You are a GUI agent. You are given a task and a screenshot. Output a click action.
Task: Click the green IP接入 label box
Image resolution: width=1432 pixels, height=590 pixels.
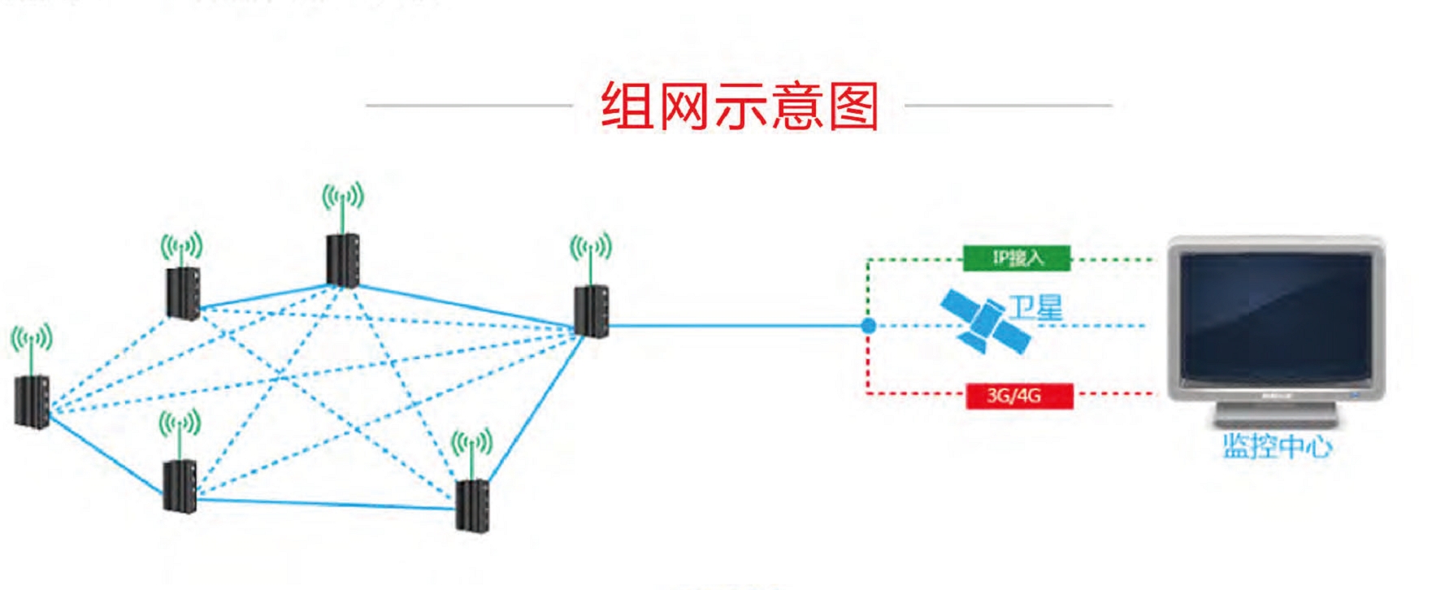pos(1017,258)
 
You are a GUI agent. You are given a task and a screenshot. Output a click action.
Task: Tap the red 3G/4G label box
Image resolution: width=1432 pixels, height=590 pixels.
pos(1019,396)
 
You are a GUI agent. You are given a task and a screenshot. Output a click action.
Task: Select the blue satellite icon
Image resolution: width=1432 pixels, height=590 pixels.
pos(983,324)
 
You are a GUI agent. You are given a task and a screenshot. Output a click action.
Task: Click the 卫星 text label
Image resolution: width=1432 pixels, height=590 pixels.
pos(1035,307)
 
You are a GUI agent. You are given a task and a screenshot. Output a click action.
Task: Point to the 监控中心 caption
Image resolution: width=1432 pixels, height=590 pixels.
pos(1277,446)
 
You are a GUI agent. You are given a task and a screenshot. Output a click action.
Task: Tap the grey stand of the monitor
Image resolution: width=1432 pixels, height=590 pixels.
pos(1275,415)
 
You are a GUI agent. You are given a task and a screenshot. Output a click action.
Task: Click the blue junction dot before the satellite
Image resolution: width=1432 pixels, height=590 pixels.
pos(869,326)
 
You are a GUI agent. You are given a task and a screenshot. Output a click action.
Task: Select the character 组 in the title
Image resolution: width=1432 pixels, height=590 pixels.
pos(627,107)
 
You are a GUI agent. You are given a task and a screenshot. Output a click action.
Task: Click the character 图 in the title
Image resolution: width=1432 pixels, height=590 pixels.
pos(853,107)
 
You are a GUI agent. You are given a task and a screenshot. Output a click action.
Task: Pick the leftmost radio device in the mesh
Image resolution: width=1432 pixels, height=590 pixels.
pos(33,401)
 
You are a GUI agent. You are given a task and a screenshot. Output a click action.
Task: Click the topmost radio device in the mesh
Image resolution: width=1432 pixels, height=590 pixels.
pos(342,260)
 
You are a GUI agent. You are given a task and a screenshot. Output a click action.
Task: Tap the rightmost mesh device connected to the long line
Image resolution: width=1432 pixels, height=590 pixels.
pos(591,311)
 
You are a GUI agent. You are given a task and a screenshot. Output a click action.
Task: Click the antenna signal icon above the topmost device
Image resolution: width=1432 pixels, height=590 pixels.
pos(342,197)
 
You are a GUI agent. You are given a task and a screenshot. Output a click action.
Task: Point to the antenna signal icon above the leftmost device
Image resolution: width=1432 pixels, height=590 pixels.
pos(31,338)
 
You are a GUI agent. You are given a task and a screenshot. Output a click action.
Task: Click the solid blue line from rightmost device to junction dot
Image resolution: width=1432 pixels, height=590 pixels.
pos(731,326)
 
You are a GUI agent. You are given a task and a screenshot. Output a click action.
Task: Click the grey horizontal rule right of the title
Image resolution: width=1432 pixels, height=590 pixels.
pos(1008,105)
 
